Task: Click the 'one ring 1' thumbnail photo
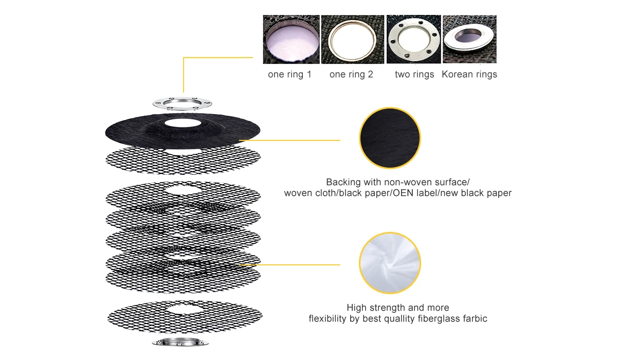coord(291,39)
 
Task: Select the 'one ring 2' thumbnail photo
coord(353,39)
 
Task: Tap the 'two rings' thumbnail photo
coord(413,39)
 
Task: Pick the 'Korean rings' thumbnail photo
coord(469,39)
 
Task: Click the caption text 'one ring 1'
coord(289,75)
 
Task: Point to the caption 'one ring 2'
coord(351,75)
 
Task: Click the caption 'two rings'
coord(414,75)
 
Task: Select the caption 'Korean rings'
coord(469,75)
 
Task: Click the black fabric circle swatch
coord(390,138)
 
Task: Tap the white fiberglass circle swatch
coord(390,263)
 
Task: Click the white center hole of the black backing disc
coord(183,123)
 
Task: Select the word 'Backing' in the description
coord(343,182)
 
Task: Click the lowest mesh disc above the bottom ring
coord(184,315)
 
